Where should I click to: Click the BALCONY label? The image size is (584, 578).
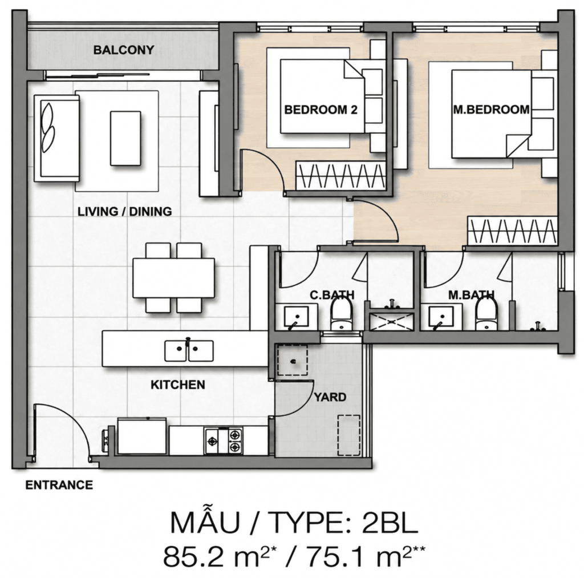tap(124, 50)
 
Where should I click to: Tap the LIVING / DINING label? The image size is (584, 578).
tap(125, 212)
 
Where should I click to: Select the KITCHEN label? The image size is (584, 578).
tap(178, 385)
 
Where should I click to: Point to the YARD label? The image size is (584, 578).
tap(330, 397)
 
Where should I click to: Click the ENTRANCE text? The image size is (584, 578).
tap(59, 485)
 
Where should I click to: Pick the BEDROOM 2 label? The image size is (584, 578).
tap(321, 110)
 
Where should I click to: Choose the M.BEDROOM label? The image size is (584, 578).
tap(491, 110)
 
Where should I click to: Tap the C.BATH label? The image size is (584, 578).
tap(332, 295)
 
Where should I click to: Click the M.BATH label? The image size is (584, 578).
tap(471, 295)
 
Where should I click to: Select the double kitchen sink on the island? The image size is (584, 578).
tap(189, 350)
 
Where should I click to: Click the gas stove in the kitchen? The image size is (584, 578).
tap(224, 441)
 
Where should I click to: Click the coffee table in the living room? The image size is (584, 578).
tap(125, 138)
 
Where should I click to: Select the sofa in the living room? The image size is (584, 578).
tap(56, 138)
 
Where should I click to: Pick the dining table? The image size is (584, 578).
tap(173, 278)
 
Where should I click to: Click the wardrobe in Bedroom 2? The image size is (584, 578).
tap(341, 176)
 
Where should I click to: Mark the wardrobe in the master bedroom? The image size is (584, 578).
tap(512, 231)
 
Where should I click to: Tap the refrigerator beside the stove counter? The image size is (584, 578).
tap(142, 436)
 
